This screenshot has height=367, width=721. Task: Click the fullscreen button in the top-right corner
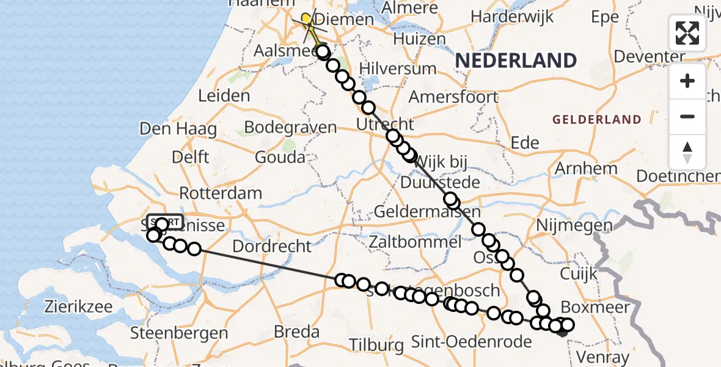tap(687, 33)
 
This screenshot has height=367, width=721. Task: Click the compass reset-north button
tap(687, 152)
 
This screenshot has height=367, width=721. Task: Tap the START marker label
tap(165, 221)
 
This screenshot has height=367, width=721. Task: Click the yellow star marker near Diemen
tap(307, 19)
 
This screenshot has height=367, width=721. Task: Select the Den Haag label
tap(178, 129)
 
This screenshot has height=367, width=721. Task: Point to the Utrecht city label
tap(386, 125)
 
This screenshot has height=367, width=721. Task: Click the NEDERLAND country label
tap(516, 61)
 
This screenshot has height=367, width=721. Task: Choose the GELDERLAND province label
tap(597, 120)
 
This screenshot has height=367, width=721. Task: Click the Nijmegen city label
tap(574, 226)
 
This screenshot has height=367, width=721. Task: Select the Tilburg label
tap(377, 345)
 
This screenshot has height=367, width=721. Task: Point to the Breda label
tap(297, 332)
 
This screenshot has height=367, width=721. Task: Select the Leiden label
tap(224, 95)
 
